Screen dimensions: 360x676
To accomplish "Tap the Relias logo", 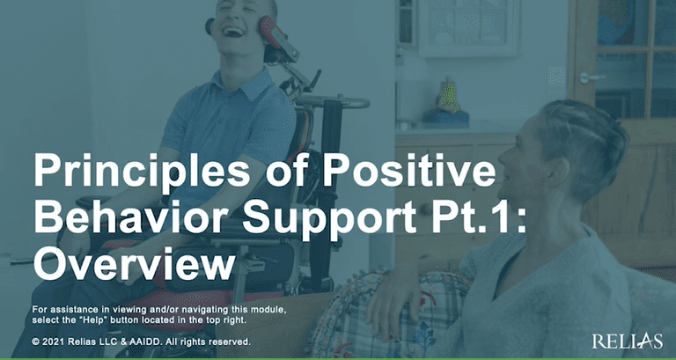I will pyautogui.click(x=626, y=339).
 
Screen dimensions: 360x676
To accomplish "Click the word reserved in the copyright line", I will pyautogui.click(x=230, y=341).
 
